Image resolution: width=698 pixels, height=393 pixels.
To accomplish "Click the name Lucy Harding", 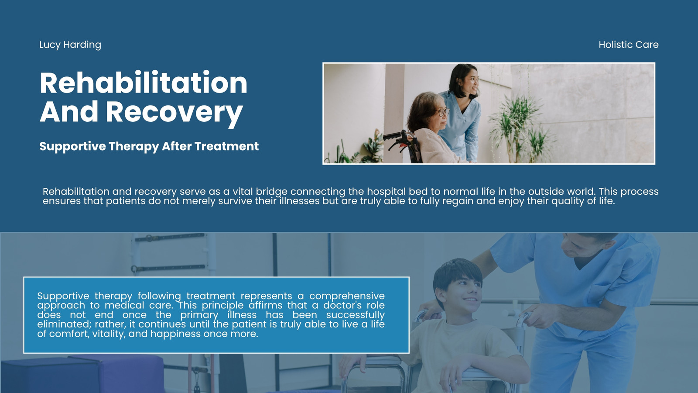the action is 70,45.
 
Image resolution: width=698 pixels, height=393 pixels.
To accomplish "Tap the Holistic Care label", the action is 629,45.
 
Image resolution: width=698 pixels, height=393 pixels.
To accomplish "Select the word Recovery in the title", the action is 174,112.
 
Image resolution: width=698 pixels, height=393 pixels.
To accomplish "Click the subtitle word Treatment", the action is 226,146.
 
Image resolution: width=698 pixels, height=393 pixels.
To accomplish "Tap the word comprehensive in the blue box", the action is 347,296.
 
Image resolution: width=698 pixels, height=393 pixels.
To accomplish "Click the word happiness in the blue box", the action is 175,334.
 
